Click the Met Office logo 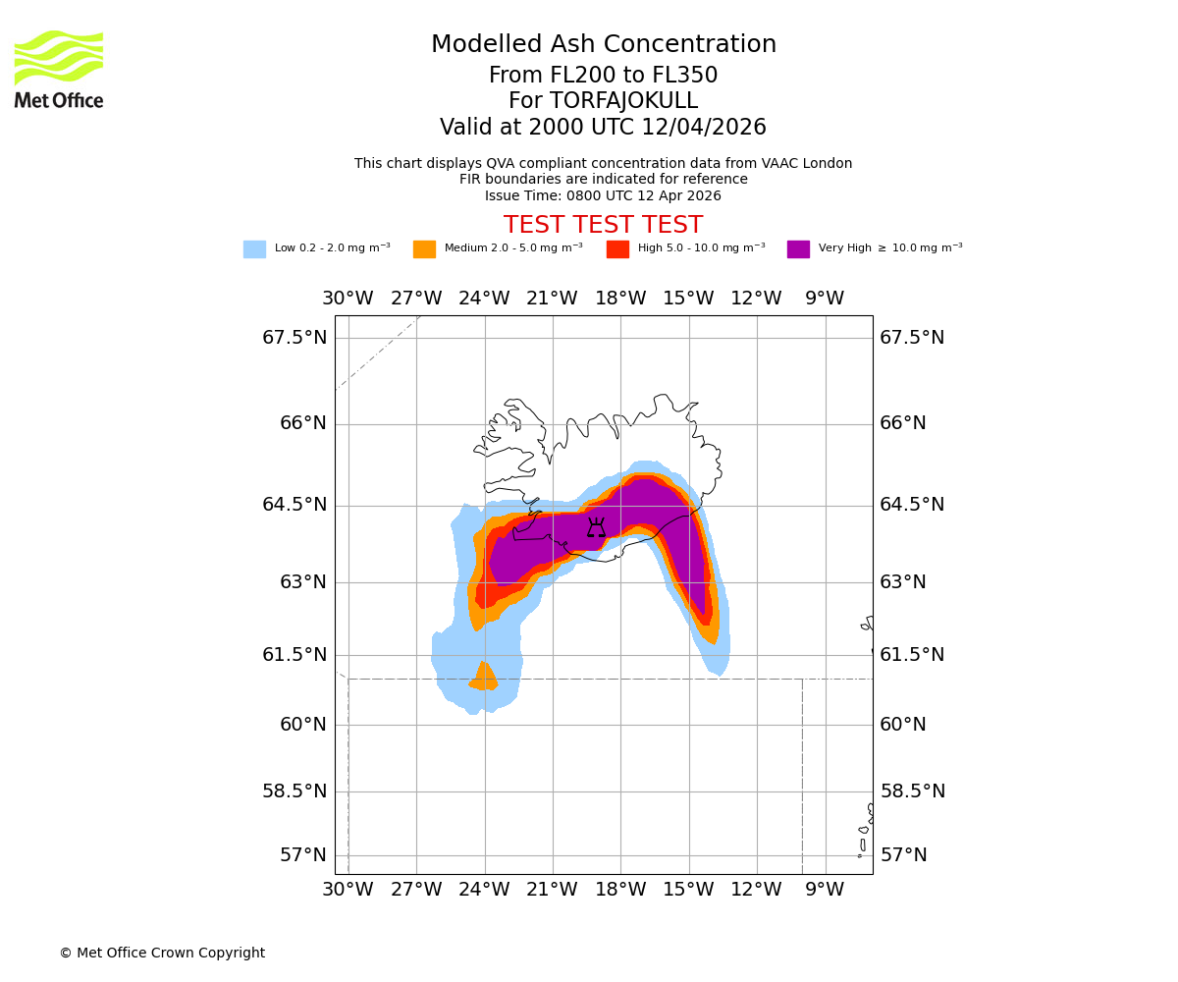[x=59, y=69]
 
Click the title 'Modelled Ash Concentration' [x=603, y=45]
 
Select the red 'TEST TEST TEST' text [x=603, y=225]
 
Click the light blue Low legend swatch [x=254, y=249]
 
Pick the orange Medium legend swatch [x=424, y=249]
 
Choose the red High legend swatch [x=617, y=249]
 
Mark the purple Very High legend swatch [x=798, y=249]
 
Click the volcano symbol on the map [x=596, y=528]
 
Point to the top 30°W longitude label [x=348, y=299]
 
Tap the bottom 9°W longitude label [x=825, y=890]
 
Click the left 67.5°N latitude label [x=294, y=338]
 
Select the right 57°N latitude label [x=903, y=855]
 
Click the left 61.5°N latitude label [x=294, y=655]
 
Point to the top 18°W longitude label [x=620, y=299]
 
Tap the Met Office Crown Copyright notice [x=162, y=953]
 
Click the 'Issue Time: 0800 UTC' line [x=603, y=195]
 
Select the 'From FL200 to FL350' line [x=603, y=76]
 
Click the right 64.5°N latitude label [x=912, y=505]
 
